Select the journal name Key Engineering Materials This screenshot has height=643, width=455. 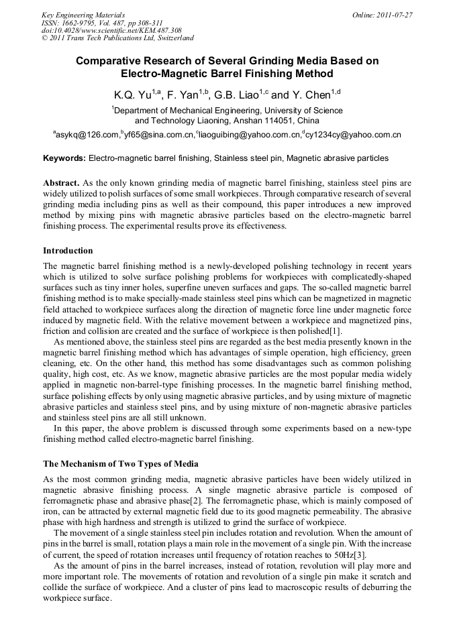pos(83,15)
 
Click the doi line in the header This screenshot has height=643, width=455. pos(111,30)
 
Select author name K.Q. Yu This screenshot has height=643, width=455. pos(131,95)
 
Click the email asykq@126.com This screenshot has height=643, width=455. pos(87,135)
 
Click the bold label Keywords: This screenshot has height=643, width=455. pos(64,158)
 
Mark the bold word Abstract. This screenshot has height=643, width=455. pos(61,183)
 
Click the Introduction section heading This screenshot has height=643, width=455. pos(68,251)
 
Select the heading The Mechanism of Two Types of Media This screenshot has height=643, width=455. pos(121,464)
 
